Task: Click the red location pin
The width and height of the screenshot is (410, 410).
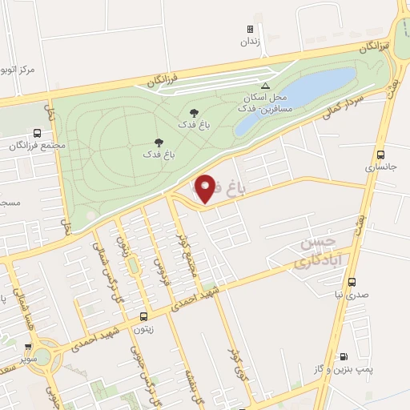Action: pos(205,189)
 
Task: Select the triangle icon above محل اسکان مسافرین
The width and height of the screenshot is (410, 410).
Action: pos(266,85)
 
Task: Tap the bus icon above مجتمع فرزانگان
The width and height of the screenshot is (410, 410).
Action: pos(38,134)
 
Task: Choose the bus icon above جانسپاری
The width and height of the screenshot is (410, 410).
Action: pos(380,155)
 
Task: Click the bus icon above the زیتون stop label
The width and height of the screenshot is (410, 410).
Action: pos(143,316)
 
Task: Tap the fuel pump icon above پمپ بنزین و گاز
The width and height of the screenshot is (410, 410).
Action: pos(344,356)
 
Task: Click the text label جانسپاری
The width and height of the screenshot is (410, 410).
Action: pos(380,168)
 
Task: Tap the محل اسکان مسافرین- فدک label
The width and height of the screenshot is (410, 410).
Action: pos(262,101)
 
